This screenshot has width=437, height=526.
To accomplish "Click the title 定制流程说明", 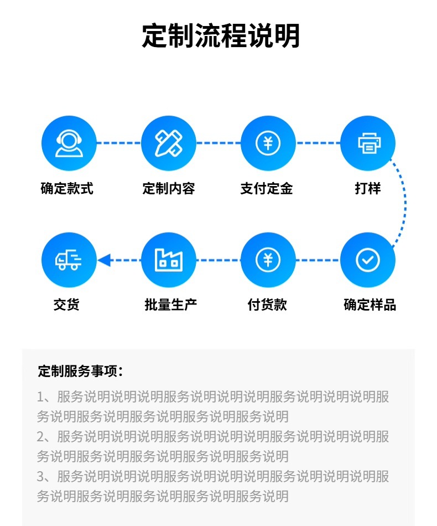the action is pyautogui.click(x=221, y=36).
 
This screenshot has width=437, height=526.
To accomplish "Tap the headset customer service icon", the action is pyautogui.click(x=69, y=143).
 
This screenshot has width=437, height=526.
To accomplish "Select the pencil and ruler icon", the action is pyautogui.click(x=169, y=143).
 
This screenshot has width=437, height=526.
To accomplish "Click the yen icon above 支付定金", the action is pyautogui.click(x=268, y=143).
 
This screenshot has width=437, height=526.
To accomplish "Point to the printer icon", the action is pyautogui.click(x=368, y=143).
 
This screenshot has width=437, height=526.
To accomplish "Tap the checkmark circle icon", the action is pyautogui.click(x=368, y=260).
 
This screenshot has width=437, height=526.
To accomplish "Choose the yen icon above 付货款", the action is pyautogui.click(x=268, y=260).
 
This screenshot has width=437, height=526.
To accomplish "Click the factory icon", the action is pyautogui.click(x=169, y=260).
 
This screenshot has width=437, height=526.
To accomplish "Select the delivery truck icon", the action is pyautogui.click(x=69, y=260).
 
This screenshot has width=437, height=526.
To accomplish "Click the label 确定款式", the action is pyautogui.click(x=67, y=188).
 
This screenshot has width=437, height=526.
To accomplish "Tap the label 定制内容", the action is pyautogui.click(x=169, y=188).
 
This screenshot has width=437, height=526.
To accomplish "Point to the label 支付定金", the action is pyautogui.click(x=267, y=188).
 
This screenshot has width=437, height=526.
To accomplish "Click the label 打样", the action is pyautogui.click(x=368, y=188).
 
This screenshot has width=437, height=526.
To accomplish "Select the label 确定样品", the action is pyautogui.click(x=370, y=305).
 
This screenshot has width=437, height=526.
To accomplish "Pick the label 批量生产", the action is pyautogui.click(x=170, y=305).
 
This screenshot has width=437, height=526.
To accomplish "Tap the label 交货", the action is pyautogui.click(x=66, y=305).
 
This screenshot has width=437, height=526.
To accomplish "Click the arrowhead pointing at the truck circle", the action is pyautogui.click(x=104, y=260).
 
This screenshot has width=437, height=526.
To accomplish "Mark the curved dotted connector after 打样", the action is pyautogui.click(x=405, y=202).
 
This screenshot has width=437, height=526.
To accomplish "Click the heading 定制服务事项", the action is pyautogui.click(x=80, y=371).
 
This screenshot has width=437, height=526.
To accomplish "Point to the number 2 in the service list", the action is pyautogui.click(x=40, y=437).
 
